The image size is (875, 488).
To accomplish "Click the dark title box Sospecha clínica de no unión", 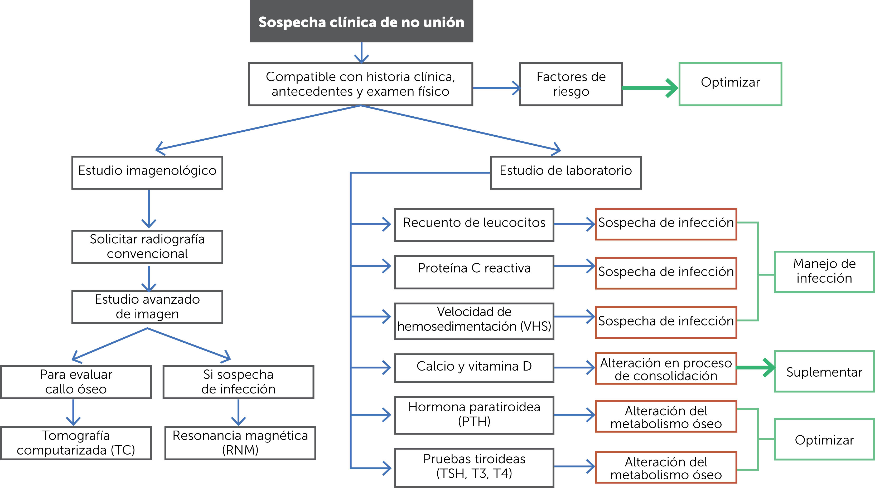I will [x=361, y=21].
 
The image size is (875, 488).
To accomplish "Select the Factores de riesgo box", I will [x=571, y=84].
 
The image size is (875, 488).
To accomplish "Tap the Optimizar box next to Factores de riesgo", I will [x=730, y=84].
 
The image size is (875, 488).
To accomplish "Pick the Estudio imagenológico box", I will [x=147, y=172].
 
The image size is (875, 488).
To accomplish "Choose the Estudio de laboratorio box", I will [x=565, y=172].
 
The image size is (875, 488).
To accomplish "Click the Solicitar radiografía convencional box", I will [x=147, y=247].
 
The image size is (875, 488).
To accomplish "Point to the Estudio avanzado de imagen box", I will [x=147, y=307].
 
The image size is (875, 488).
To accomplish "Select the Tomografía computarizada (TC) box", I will [x=76, y=443].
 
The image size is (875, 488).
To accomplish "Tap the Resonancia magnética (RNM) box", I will [x=240, y=443].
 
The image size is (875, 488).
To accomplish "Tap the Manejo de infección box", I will [x=824, y=272].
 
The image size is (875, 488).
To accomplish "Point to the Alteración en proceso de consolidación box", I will [x=666, y=368].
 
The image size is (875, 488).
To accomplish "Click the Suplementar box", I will [x=824, y=372].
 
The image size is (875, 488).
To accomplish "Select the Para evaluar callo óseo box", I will [x=76, y=382].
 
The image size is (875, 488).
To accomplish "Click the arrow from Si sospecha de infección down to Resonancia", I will [x=238, y=412].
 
